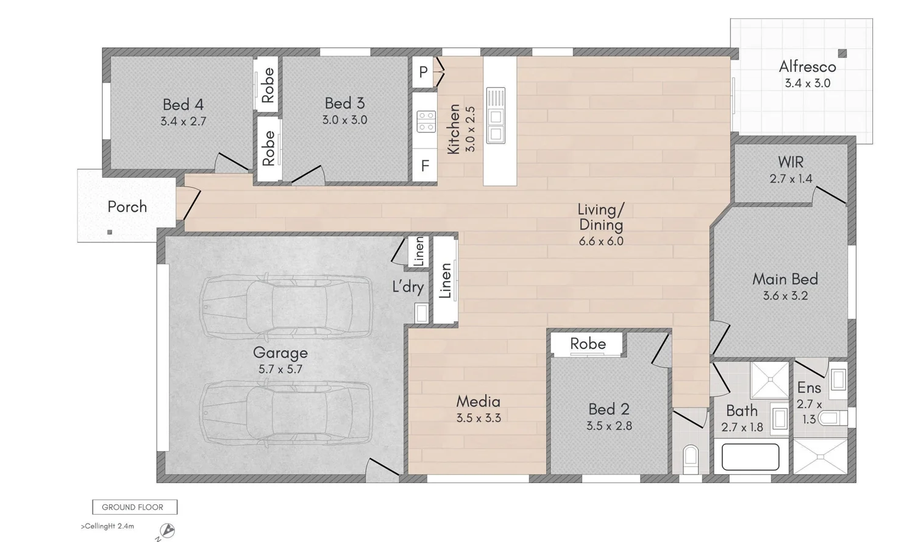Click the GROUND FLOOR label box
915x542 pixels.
[134, 507]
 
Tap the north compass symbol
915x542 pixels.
[166, 531]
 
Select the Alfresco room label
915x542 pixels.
[807, 67]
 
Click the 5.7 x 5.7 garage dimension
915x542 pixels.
[280, 369]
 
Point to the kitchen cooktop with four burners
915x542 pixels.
[426, 121]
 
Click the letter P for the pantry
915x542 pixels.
[424, 72]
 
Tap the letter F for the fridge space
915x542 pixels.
[425, 166]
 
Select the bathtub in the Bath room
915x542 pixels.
[750, 457]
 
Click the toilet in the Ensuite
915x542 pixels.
[832, 418]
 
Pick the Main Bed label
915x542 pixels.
[785, 280]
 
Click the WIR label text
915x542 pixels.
[791, 163]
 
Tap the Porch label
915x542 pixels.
[127, 207]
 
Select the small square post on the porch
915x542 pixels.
[110, 232]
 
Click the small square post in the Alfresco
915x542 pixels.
[842, 54]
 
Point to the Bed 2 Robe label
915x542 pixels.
[588, 344]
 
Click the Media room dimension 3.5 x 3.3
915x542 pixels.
[479, 418]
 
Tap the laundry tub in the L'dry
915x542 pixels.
[421, 313]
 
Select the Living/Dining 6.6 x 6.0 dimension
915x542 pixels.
[601, 241]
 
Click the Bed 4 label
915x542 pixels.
[183, 105]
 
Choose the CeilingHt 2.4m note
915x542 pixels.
[108, 526]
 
